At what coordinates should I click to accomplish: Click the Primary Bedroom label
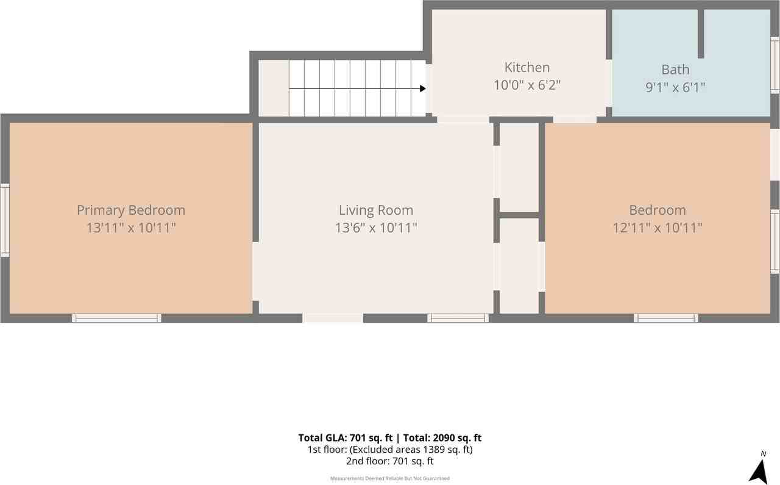click(x=131, y=210)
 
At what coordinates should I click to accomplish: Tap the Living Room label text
click(x=376, y=210)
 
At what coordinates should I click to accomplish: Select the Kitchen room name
click(x=527, y=67)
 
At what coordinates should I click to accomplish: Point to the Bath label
click(x=676, y=70)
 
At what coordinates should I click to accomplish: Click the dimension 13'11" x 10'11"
click(x=131, y=228)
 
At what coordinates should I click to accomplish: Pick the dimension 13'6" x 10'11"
click(x=376, y=228)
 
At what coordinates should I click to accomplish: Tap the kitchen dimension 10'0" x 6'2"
click(x=527, y=85)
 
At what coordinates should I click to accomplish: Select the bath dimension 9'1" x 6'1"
click(x=676, y=87)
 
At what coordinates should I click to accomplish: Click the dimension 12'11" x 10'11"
click(x=658, y=228)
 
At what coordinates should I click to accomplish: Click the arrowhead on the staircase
click(x=423, y=88)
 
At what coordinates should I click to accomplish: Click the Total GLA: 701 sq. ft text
click(x=346, y=437)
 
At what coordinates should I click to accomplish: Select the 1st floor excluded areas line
click(x=390, y=450)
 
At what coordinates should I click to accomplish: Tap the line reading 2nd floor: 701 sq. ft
click(x=390, y=461)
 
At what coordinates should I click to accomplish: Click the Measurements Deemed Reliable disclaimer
click(x=390, y=478)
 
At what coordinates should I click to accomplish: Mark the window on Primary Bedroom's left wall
click(x=5, y=220)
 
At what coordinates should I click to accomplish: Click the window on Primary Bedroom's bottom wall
click(x=116, y=318)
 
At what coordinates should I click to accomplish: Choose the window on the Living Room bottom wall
click(x=458, y=318)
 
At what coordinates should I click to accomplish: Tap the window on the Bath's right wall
click(x=775, y=65)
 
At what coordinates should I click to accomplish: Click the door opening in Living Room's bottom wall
click(x=333, y=318)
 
